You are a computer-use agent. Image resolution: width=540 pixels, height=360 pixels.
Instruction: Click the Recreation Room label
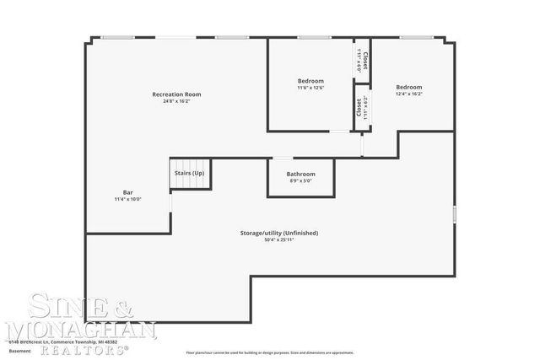pos(176,94)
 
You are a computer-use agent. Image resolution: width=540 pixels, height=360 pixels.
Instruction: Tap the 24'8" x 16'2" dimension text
pos(176,102)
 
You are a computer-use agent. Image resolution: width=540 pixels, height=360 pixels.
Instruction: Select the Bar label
pos(128,191)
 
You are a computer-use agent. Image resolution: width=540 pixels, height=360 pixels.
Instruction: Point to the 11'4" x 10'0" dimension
pos(128,199)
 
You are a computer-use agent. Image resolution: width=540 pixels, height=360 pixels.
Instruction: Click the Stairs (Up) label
pos(189,173)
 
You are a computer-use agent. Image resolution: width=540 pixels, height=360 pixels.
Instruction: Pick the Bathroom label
pos(300,174)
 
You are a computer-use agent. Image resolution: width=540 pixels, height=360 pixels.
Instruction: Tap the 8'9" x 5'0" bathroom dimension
pos(300,180)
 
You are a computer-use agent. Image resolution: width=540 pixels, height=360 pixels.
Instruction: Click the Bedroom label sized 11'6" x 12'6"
pos(310,81)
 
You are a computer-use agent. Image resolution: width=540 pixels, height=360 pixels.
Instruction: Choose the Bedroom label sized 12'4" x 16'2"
pos(409,87)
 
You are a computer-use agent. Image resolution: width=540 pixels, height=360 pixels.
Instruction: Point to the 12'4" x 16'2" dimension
pos(409,94)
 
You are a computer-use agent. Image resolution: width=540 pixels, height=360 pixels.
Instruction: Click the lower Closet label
pos(359,107)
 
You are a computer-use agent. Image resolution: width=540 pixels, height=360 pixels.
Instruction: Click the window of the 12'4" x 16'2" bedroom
pos(413,37)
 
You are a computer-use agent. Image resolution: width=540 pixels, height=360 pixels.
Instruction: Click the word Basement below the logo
pos(19,350)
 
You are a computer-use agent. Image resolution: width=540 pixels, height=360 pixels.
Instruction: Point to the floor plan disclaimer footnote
pos(270,352)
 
